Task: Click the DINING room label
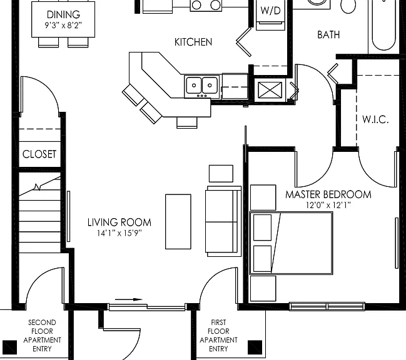[63, 14]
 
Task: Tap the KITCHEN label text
[193, 42]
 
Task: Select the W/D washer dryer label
[270, 11]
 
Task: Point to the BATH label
[328, 34]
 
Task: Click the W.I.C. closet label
[375, 119]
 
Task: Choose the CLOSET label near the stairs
[39, 154]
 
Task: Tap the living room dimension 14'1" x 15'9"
[119, 233]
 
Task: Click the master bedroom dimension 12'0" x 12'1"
[328, 206]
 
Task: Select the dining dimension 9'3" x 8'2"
[63, 26]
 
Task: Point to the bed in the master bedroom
[291, 243]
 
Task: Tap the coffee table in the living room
[178, 222]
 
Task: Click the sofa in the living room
[223, 221]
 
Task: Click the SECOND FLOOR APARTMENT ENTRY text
[42, 336]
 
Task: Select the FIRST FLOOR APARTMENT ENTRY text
[218, 336]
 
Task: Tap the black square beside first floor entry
[255, 347]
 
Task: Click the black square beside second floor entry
[9, 347]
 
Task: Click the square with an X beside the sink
[270, 90]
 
